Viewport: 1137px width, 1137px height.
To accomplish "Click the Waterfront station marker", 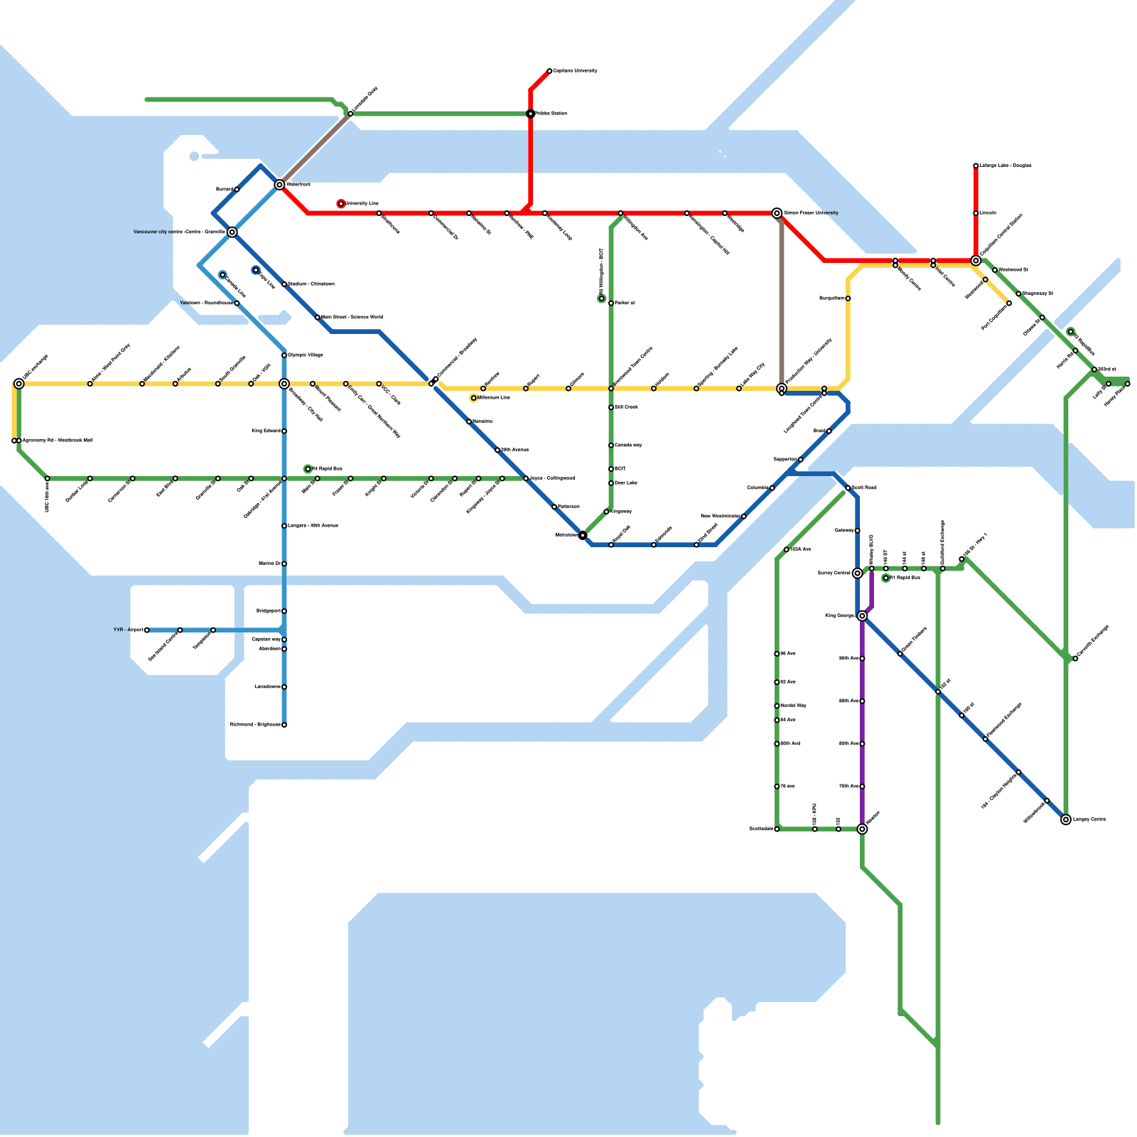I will click(279, 185).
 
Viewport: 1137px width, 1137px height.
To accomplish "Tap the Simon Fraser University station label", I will click(811, 212).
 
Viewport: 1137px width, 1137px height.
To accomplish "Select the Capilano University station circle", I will click(549, 71).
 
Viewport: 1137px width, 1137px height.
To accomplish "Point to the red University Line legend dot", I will click(341, 204).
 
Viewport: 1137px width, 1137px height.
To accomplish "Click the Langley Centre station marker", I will click(1066, 819).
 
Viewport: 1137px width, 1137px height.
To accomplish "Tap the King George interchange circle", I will click(862, 615).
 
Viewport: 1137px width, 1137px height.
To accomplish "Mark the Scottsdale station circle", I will click(777, 829).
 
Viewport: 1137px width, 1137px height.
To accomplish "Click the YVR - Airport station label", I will click(128, 630).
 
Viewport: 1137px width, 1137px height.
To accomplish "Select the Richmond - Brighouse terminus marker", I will click(284, 725).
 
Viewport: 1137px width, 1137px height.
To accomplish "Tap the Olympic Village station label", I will click(306, 355).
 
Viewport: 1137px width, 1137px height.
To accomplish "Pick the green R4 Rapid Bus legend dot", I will click(308, 469).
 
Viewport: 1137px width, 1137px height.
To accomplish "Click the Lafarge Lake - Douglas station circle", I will click(976, 166).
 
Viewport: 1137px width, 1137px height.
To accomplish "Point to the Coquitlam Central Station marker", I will click(976, 261).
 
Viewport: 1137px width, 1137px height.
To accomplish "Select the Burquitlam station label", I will click(831, 298).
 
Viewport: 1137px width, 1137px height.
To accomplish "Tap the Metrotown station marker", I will click(583, 535).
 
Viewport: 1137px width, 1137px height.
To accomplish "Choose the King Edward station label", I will click(266, 431).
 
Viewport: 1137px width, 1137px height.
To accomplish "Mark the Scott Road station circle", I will click(848, 487).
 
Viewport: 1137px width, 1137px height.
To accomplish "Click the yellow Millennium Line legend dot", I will click(473, 398).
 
